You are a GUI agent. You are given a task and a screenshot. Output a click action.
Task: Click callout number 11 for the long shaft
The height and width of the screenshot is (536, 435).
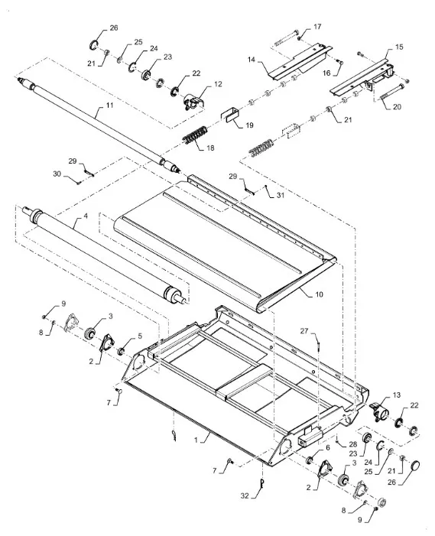coord(109,105)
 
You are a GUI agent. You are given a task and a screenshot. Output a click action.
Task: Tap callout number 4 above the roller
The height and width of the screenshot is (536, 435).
coord(86,216)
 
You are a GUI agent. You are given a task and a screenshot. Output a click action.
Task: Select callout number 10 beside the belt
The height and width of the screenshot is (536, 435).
coord(319,294)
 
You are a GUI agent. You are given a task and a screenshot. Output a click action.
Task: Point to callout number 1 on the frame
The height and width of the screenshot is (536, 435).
coord(196,440)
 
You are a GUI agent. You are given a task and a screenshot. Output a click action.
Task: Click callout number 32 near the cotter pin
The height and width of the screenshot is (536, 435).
coord(245,495)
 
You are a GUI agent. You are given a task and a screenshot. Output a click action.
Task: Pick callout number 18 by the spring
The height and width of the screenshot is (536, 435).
coord(210,148)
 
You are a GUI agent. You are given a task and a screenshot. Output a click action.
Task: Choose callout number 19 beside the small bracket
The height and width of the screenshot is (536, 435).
coord(249,125)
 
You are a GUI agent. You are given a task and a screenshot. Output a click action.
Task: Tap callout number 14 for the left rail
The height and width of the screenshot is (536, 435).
coord(252,60)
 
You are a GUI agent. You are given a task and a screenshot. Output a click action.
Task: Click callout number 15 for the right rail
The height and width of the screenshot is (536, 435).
coord(399,47)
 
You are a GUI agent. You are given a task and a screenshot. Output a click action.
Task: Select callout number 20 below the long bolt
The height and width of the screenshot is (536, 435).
coord(397,106)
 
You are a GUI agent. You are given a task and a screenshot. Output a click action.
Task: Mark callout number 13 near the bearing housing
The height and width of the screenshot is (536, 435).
coord(396,395)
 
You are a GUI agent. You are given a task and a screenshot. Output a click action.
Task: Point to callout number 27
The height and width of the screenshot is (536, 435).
coord(304,331)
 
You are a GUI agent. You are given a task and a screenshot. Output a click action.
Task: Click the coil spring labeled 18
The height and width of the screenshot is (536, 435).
coord(195,135)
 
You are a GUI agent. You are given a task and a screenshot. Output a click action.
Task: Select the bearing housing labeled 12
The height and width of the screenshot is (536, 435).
coord(194,102)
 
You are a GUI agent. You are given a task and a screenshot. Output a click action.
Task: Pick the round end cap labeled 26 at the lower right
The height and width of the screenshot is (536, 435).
coord(415,466)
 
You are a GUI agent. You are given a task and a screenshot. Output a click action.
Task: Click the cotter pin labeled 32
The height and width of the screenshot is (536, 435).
coord(262,482)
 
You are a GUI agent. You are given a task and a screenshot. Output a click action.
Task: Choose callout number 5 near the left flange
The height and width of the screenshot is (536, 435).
coord(140,336)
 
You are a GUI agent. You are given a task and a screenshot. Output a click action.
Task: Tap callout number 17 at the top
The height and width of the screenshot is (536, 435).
coord(317,26)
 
